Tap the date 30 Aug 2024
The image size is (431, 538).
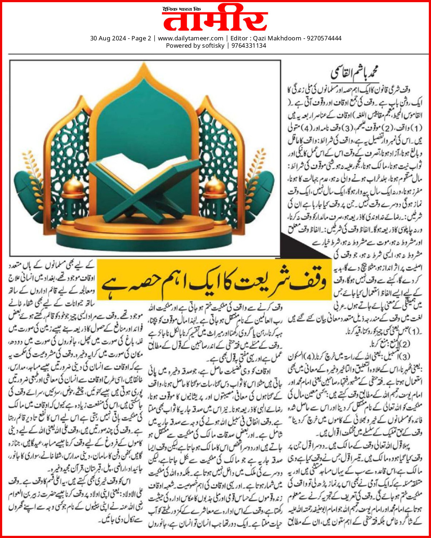tap(108, 38)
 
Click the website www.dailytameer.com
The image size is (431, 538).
tap(190, 38)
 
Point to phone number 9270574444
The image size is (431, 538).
tap(324, 38)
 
